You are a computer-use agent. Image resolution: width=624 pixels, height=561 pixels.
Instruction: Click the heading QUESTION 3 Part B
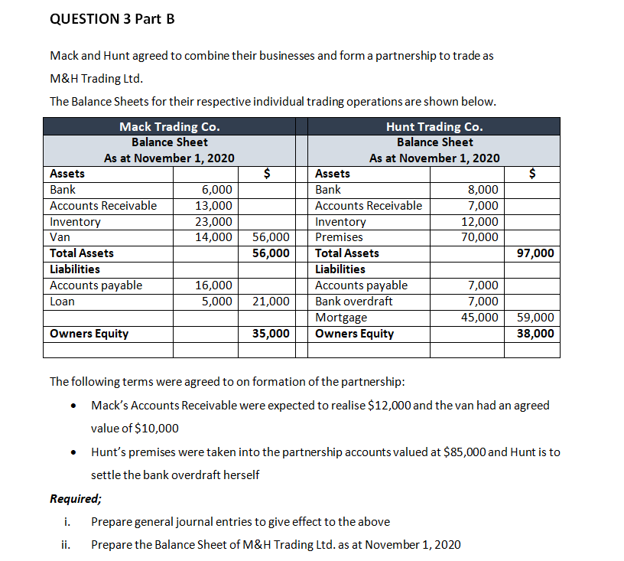pos(112,19)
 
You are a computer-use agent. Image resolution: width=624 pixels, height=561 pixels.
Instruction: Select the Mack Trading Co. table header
pos(170,126)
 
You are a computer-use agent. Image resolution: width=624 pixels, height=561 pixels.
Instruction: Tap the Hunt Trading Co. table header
pos(434,126)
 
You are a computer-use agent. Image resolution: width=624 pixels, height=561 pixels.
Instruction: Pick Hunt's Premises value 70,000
pos(483,237)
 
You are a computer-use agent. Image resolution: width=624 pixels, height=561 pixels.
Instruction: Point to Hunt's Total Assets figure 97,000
pos(536,253)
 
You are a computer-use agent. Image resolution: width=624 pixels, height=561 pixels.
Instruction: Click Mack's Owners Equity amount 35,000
pos(271,334)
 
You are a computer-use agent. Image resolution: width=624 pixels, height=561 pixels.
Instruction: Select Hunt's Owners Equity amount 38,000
pos(536,334)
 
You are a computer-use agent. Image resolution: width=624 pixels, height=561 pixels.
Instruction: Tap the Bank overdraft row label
pos(354,302)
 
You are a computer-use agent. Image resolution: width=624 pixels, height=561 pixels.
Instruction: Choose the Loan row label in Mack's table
pos(62,302)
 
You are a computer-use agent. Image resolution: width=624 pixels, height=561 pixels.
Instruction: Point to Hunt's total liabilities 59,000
pos(536,318)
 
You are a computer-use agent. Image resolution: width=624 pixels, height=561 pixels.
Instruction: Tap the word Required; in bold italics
pos(76,499)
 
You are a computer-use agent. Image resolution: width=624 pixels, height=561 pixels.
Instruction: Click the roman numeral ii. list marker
pos(66,545)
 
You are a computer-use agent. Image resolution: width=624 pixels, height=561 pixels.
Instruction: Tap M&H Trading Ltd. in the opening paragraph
pos(96,78)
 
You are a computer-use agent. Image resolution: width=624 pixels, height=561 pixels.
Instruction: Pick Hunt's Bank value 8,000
pos(483,190)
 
